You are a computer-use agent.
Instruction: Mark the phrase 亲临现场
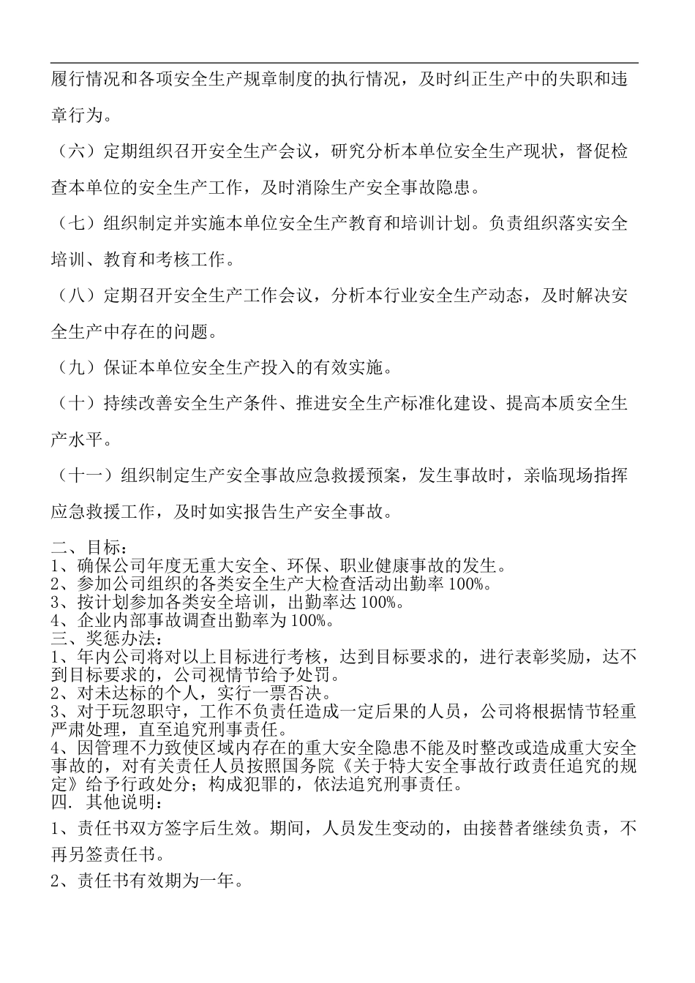[559, 476]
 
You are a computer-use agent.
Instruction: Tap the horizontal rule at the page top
[345, 63]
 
